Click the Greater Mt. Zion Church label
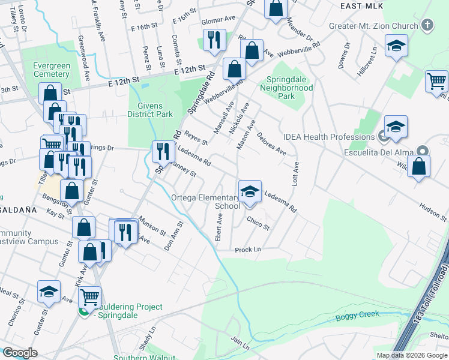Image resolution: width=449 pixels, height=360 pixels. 373,26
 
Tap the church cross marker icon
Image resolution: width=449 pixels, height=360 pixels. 427,25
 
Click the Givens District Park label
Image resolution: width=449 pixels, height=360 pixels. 150,110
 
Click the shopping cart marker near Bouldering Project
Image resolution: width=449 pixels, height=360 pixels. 89,296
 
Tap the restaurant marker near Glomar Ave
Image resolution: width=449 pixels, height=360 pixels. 214,40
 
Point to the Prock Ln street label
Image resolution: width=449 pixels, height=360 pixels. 248,249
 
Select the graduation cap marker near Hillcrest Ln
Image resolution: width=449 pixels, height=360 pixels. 396,47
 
